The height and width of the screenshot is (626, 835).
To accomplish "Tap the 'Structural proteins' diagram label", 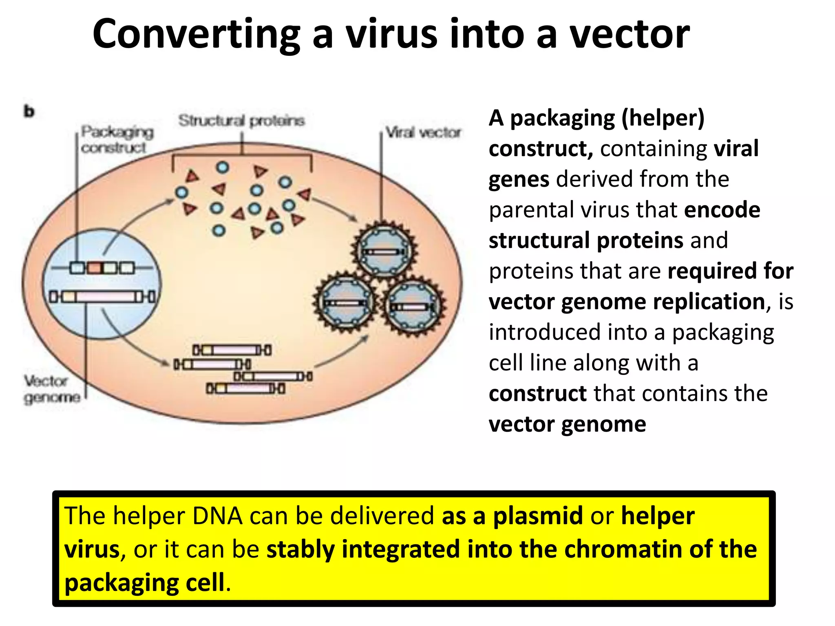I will click(x=241, y=121).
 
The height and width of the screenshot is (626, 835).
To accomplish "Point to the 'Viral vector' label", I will click(x=423, y=132).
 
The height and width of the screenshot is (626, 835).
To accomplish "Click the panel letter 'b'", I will click(x=29, y=111).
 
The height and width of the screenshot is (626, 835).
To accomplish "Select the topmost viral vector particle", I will click(x=383, y=250).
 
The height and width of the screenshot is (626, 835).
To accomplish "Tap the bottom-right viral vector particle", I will click(x=413, y=306).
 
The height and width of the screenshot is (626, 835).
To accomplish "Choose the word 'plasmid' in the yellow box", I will click(x=538, y=516).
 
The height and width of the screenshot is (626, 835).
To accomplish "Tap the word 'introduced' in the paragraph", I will click(x=544, y=332).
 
